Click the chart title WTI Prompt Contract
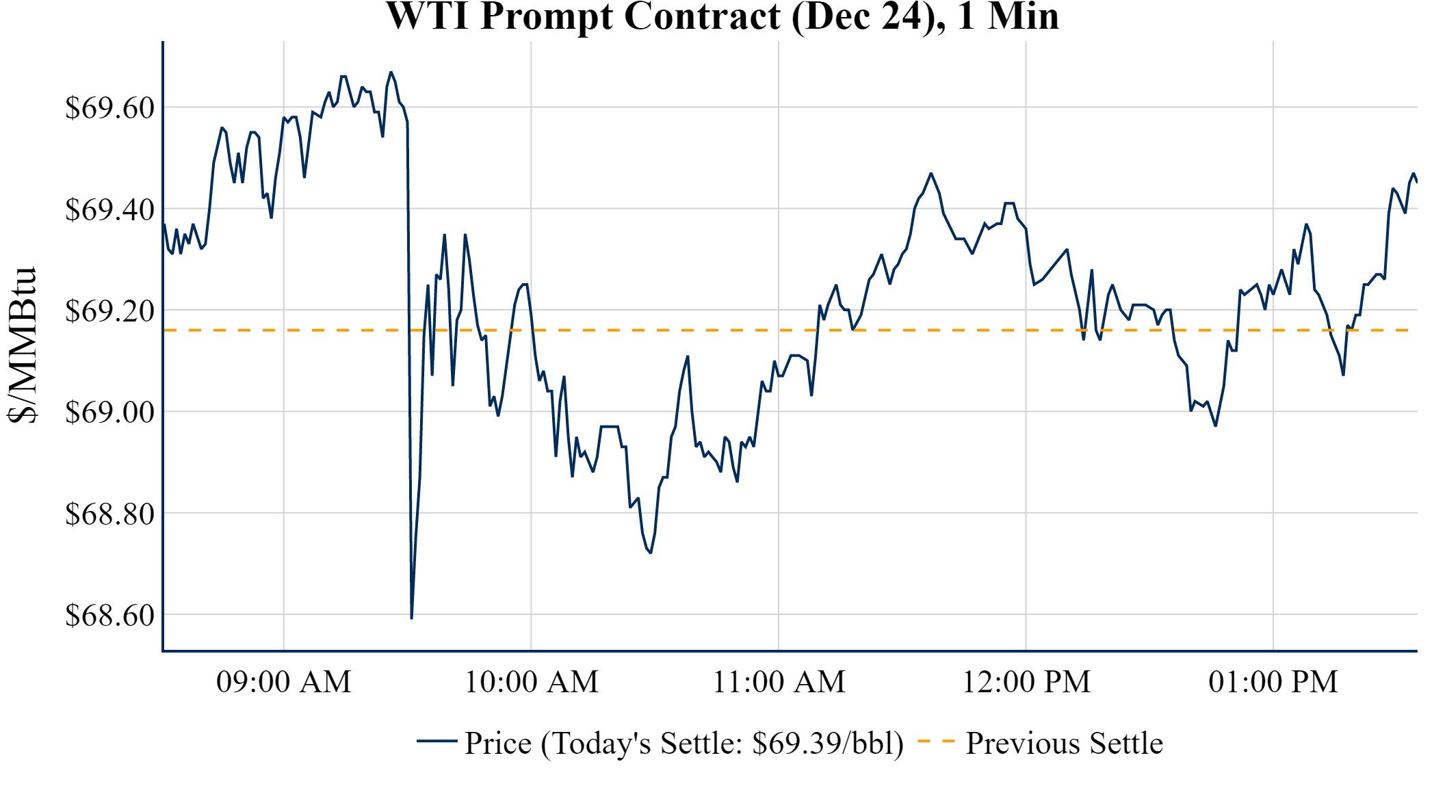tap(722, 16)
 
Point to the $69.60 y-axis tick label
tap(109, 108)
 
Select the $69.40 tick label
tap(109, 209)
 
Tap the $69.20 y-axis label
tap(109, 311)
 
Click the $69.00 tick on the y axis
tap(109, 412)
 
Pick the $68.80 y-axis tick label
tap(109, 514)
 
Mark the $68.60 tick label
tap(109, 615)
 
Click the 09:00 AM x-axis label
tap(283, 682)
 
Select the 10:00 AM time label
tap(531, 682)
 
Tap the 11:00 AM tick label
tap(779, 682)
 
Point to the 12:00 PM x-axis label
tap(1026, 682)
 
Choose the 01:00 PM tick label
tap(1273, 682)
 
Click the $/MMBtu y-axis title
tap(23, 345)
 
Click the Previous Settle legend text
tap(1064, 744)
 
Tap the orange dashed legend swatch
tap(935, 741)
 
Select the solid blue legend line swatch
tap(437, 741)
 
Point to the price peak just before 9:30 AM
tap(391, 72)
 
